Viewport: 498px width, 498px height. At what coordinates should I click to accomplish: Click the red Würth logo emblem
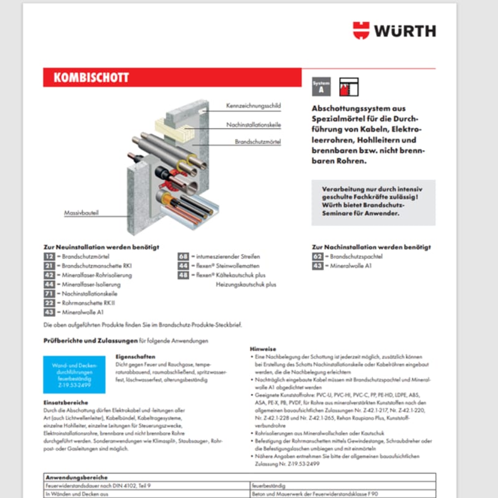coord(361,31)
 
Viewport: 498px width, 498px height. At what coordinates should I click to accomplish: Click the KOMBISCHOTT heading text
coord(91,78)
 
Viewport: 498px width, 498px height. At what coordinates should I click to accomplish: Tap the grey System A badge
coord(321,87)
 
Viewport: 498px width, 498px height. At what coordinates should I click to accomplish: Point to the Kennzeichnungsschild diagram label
coord(253,106)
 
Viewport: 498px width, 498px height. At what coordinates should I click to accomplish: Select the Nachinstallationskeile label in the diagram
coord(253,125)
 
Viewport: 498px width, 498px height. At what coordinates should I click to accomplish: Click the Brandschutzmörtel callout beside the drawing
coord(258,142)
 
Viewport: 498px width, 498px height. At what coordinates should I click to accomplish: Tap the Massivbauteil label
coord(82,213)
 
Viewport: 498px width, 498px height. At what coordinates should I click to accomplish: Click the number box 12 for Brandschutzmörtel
coord(49,256)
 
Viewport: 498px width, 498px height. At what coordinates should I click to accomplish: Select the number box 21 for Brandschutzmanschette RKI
coord(49,266)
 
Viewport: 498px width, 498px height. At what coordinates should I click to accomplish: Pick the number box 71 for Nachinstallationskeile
coord(49,293)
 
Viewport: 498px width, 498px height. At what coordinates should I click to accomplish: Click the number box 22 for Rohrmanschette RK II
coord(49,303)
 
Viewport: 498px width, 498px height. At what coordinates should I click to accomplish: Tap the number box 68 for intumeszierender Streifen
coord(183,256)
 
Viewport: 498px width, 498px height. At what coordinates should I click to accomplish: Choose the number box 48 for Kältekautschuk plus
coord(183,275)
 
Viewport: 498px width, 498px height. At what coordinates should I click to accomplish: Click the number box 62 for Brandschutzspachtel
coord(317,256)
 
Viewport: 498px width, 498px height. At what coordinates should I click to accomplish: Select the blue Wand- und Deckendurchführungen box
coord(75,374)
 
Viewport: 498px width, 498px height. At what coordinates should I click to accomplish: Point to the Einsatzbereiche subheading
coord(65,402)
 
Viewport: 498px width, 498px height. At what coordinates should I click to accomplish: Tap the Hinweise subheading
coord(263,349)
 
